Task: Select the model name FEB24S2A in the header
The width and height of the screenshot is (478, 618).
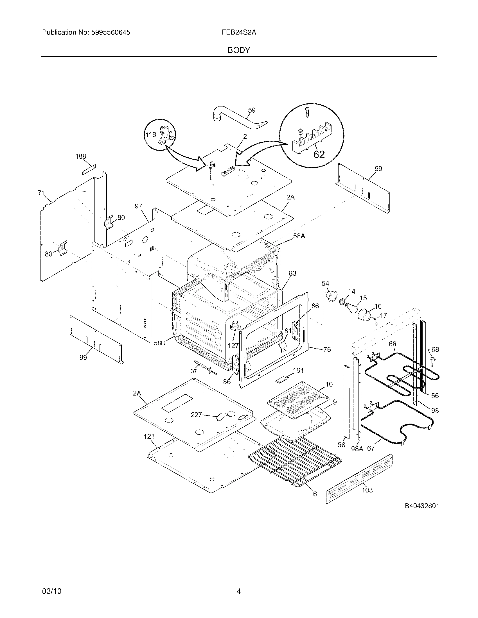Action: tap(239, 33)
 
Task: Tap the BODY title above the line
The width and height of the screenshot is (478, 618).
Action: tap(239, 50)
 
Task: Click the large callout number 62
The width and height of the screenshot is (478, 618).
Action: tap(319, 154)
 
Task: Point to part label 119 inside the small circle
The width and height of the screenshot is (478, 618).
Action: tap(151, 135)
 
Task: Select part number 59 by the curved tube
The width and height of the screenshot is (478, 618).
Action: tap(251, 110)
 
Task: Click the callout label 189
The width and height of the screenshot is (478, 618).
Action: tap(81, 156)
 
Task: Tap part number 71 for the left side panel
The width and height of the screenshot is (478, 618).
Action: tap(42, 193)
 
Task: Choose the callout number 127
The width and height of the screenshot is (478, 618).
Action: tap(233, 346)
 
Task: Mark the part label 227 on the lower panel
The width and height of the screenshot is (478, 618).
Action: tap(196, 415)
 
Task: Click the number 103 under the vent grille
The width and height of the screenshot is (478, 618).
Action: tap(367, 490)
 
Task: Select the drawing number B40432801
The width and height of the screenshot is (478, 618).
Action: tap(422, 506)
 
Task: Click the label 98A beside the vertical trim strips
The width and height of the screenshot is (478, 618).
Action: tap(357, 449)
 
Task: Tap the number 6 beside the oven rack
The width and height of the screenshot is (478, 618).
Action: tap(315, 494)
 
